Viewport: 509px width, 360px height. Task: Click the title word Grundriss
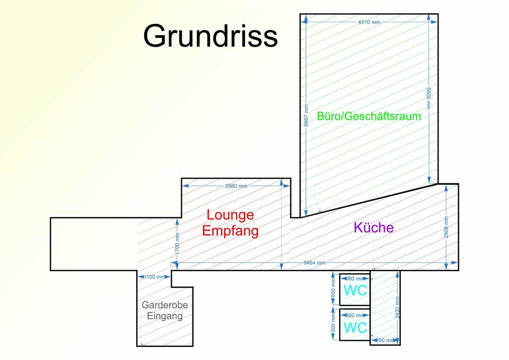pyautogui.click(x=210, y=36)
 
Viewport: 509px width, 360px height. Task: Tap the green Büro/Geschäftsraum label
pyautogui.click(x=368, y=116)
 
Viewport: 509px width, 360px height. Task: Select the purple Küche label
pyautogui.click(x=374, y=227)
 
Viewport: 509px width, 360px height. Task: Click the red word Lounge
pyautogui.click(x=230, y=215)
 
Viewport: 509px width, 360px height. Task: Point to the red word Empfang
pyautogui.click(x=230, y=231)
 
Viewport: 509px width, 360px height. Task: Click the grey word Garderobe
pyautogui.click(x=164, y=305)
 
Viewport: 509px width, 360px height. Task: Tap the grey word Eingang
pyautogui.click(x=164, y=316)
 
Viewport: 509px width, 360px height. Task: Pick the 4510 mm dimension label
pyautogui.click(x=369, y=22)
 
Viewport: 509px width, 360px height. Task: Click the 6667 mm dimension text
pyautogui.click(x=306, y=115)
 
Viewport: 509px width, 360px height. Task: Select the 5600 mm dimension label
pyautogui.click(x=429, y=99)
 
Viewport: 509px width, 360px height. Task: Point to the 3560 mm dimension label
pyautogui.click(x=236, y=186)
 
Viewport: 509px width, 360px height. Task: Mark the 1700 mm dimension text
pyautogui.click(x=177, y=243)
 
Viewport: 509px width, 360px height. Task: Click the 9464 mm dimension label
pyautogui.click(x=314, y=262)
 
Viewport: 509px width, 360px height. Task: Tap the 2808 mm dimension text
pyautogui.click(x=446, y=227)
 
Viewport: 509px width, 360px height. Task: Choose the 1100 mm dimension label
pyautogui.click(x=154, y=277)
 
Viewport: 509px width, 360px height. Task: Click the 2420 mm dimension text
pyautogui.click(x=397, y=308)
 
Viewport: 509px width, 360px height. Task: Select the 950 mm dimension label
pyautogui.click(x=385, y=340)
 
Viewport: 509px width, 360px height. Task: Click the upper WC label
pyautogui.click(x=355, y=291)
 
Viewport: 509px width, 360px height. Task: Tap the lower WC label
pyautogui.click(x=355, y=328)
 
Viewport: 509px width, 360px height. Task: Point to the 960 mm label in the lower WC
pyautogui.click(x=355, y=315)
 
